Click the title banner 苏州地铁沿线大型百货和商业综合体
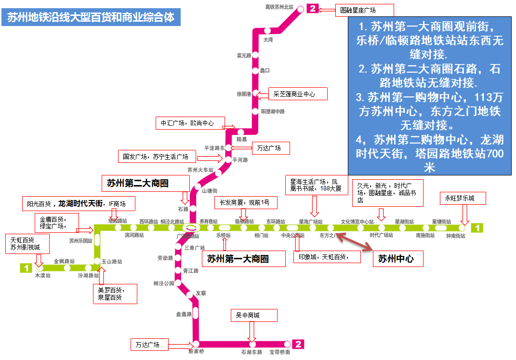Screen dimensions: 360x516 [91, 17]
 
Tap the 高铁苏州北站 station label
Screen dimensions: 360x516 [279, 7]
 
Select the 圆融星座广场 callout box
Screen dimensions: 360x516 [364, 10]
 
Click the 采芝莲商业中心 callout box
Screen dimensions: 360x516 [298, 94]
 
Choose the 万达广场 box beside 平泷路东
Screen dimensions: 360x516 [270, 148]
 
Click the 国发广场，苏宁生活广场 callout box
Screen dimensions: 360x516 [157, 156]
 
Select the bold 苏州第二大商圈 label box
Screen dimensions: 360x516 [138, 183]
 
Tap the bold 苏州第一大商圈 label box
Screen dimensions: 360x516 [238, 259]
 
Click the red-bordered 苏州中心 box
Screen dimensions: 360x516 [398, 259]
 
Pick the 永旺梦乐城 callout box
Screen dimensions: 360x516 [463, 198]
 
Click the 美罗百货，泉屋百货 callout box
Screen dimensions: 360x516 [115, 293]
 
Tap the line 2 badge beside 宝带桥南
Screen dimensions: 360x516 [299, 344]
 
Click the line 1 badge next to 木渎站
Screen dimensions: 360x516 [26, 267]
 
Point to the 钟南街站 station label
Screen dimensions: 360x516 [456, 236]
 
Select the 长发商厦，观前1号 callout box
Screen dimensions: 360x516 [245, 202]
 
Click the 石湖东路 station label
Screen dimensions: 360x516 [251, 352]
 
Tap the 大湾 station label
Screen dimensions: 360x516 [267, 40]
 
